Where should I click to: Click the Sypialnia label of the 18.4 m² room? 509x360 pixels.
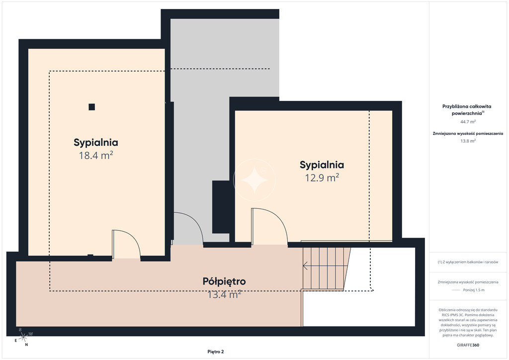(96, 143)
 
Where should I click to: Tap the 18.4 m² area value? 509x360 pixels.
(96, 155)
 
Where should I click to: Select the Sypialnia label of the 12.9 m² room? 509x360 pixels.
(322, 165)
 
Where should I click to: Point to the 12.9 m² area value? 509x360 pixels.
(322, 178)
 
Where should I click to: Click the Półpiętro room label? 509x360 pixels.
(224, 281)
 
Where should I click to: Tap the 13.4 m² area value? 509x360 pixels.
(224, 294)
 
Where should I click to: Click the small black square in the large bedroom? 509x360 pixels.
(92, 107)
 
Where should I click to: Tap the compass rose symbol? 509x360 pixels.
(23, 338)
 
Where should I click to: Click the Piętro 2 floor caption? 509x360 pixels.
(216, 352)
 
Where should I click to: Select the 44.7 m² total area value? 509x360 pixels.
(468, 122)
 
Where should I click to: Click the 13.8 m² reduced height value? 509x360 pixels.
(468, 141)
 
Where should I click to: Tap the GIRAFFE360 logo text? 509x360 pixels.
(468, 345)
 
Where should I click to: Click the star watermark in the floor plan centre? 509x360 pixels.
(254, 180)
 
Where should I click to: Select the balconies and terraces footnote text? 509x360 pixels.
(468, 262)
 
